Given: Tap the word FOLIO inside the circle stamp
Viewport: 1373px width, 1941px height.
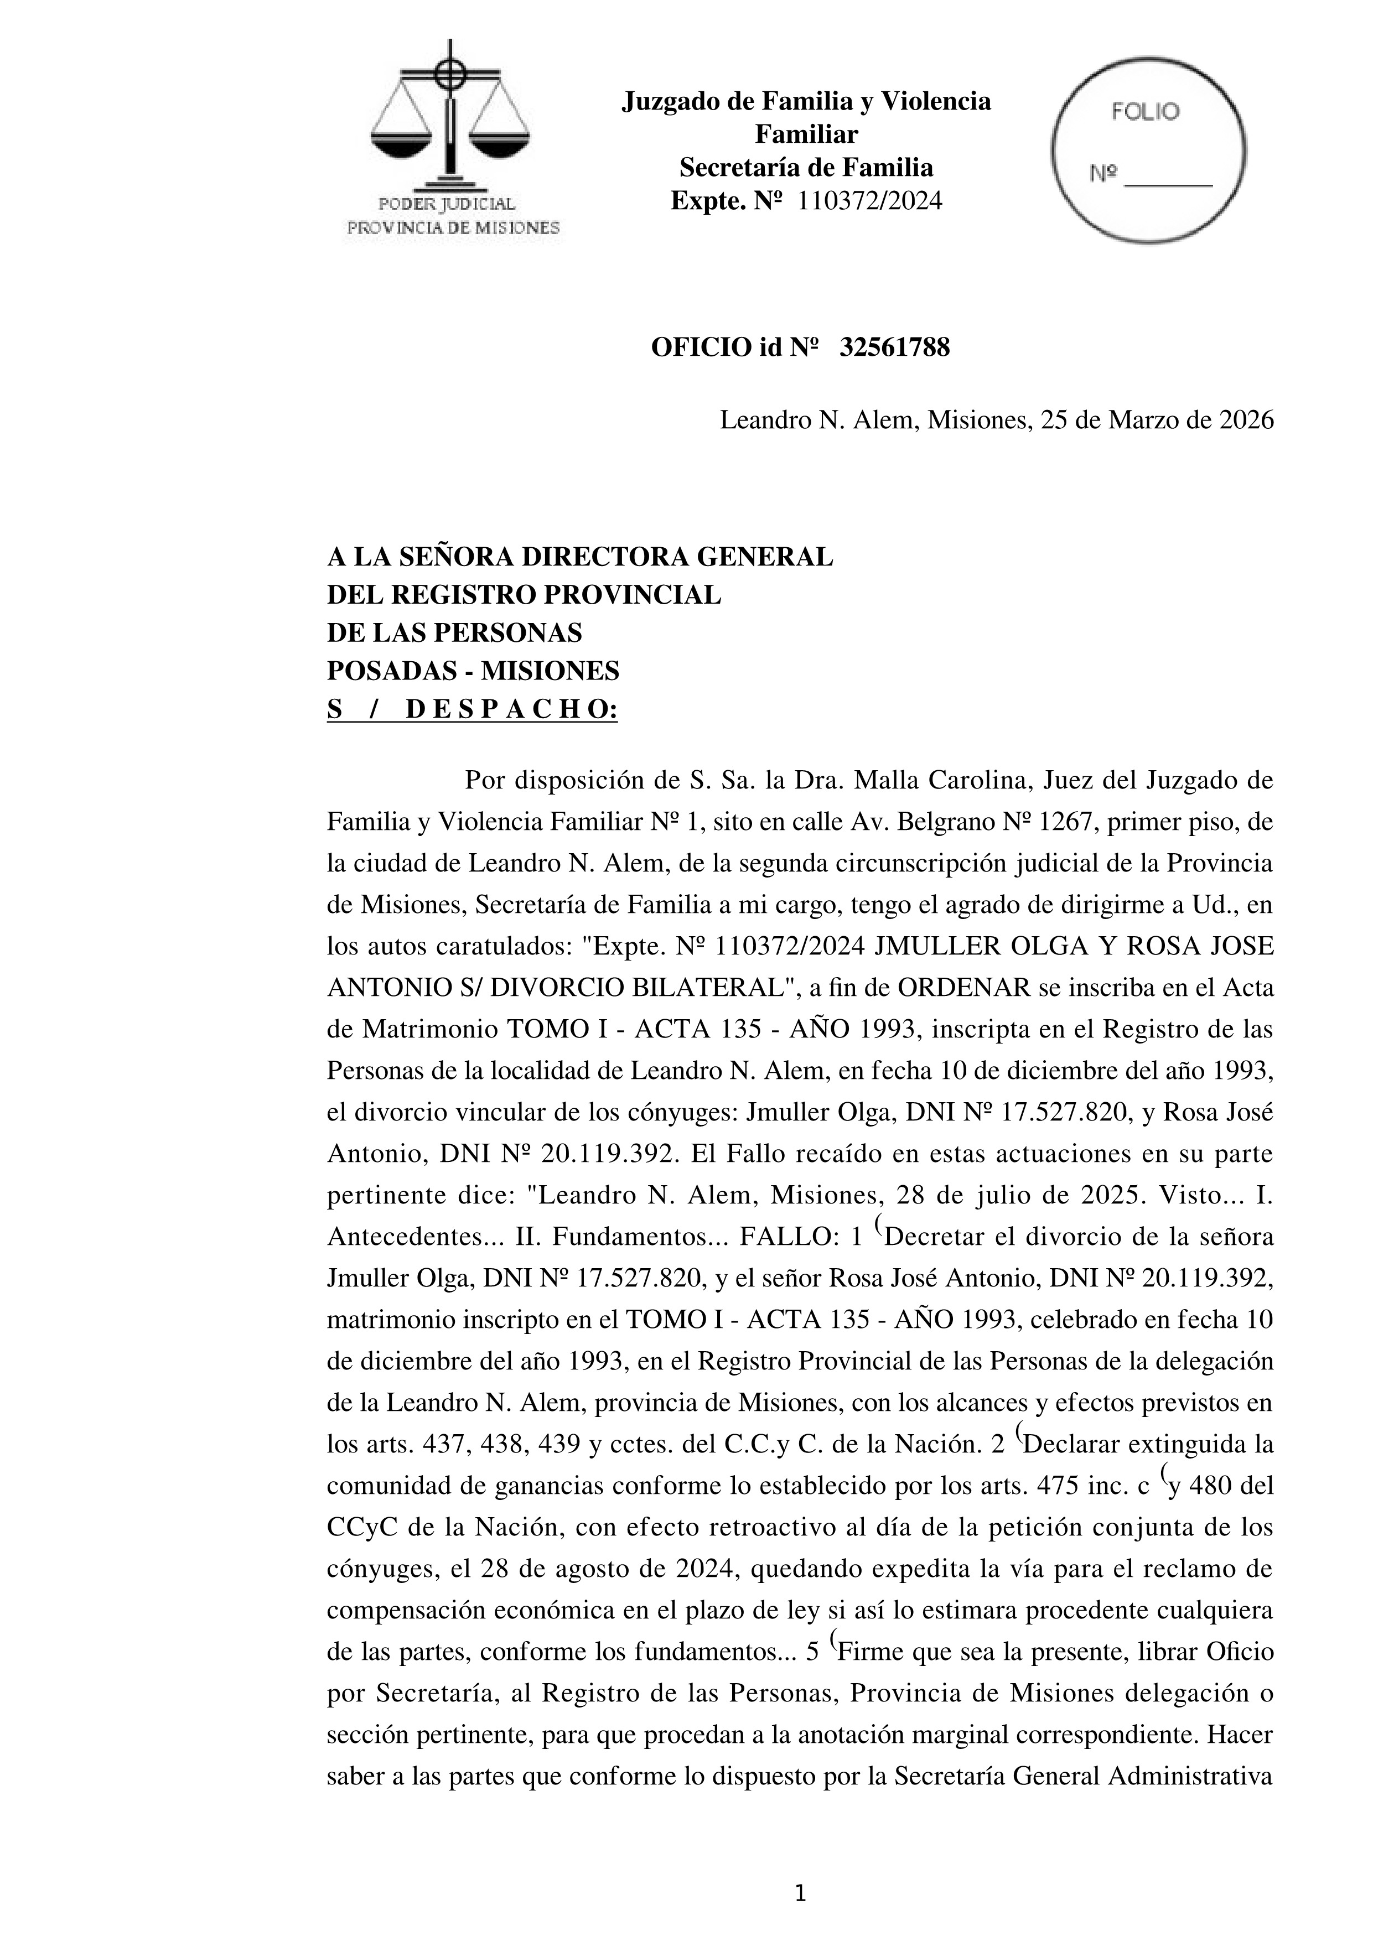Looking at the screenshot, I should click(1145, 112).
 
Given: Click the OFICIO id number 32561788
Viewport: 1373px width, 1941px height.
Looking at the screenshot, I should click(894, 347).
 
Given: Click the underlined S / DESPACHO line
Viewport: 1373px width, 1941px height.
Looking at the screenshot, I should click(473, 709).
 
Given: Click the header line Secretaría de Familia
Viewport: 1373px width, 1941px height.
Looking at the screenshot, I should click(806, 168).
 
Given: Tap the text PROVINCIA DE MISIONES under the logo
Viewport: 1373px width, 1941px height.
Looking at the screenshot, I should click(454, 229).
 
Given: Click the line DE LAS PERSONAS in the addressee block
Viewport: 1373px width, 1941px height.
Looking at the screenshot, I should click(455, 633).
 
